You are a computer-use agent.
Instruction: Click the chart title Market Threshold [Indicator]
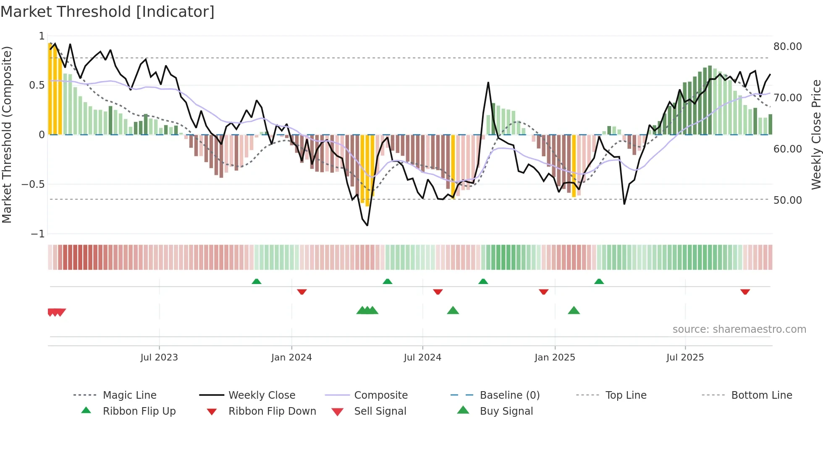tap(107, 12)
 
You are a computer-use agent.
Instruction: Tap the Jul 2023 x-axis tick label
tap(159, 358)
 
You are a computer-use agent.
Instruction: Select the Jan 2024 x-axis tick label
tap(291, 358)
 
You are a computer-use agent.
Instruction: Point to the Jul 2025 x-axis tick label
tap(685, 358)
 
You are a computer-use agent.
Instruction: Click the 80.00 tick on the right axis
tap(787, 47)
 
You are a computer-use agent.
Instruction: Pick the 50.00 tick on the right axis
tap(787, 200)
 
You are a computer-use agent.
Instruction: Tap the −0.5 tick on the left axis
tap(33, 184)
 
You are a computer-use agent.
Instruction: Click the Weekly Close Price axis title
tap(815, 134)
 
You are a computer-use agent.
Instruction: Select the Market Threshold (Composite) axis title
tap(7, 134)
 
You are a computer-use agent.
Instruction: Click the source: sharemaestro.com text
tap(739, 329)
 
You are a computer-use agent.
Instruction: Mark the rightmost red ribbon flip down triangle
tap(745, 292)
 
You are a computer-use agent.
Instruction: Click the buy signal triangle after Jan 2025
tap(574, 310)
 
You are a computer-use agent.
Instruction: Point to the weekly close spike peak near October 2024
tap(488, 83)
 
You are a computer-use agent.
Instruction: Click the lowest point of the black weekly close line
tap(367, 226)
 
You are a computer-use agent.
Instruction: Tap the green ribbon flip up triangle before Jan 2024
tap(257, 281)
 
